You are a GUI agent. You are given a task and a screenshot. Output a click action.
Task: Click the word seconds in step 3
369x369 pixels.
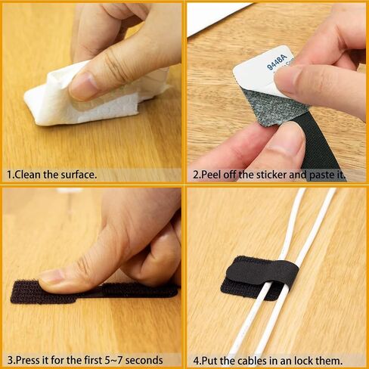point(144,360)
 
